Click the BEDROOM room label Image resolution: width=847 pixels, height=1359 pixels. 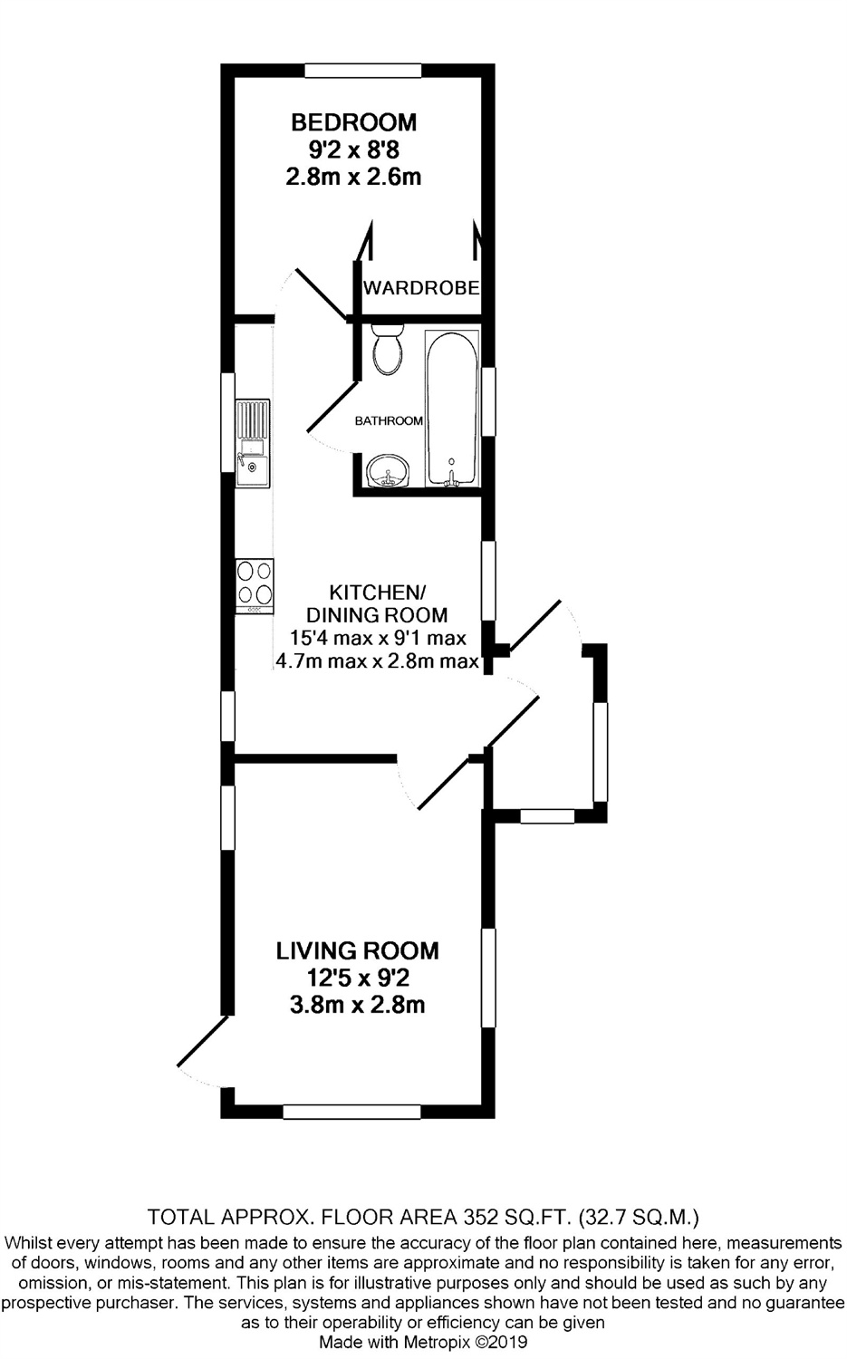(x=353, y=122)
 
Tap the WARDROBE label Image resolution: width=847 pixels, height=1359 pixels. (x=421, y=287)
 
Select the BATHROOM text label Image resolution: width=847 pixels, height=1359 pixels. (x=389, y=420)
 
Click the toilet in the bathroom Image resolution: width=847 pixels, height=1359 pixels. (x=387, y=349)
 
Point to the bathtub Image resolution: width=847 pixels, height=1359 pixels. (x=452, y=408)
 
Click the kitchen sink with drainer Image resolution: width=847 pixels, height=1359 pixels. (x=253, y=443)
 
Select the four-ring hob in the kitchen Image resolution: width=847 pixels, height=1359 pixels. (x=255, y=586)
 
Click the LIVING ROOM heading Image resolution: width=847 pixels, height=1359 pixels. (x=357, y=950)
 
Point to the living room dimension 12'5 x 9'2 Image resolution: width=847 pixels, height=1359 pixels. (x=357, y=978)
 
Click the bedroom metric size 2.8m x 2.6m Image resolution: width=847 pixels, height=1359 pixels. (x=353, y=178)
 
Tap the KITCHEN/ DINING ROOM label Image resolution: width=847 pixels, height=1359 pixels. (x=377, y=603)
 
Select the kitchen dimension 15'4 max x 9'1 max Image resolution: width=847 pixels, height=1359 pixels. (x=378, y=638)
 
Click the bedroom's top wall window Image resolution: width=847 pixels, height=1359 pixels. (x=363, y=71)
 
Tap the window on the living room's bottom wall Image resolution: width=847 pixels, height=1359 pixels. (x=351, y=1112)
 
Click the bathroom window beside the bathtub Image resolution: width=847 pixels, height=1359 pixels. (x=488, y=401)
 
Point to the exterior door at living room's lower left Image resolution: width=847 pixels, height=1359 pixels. (x=203, y=1041)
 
